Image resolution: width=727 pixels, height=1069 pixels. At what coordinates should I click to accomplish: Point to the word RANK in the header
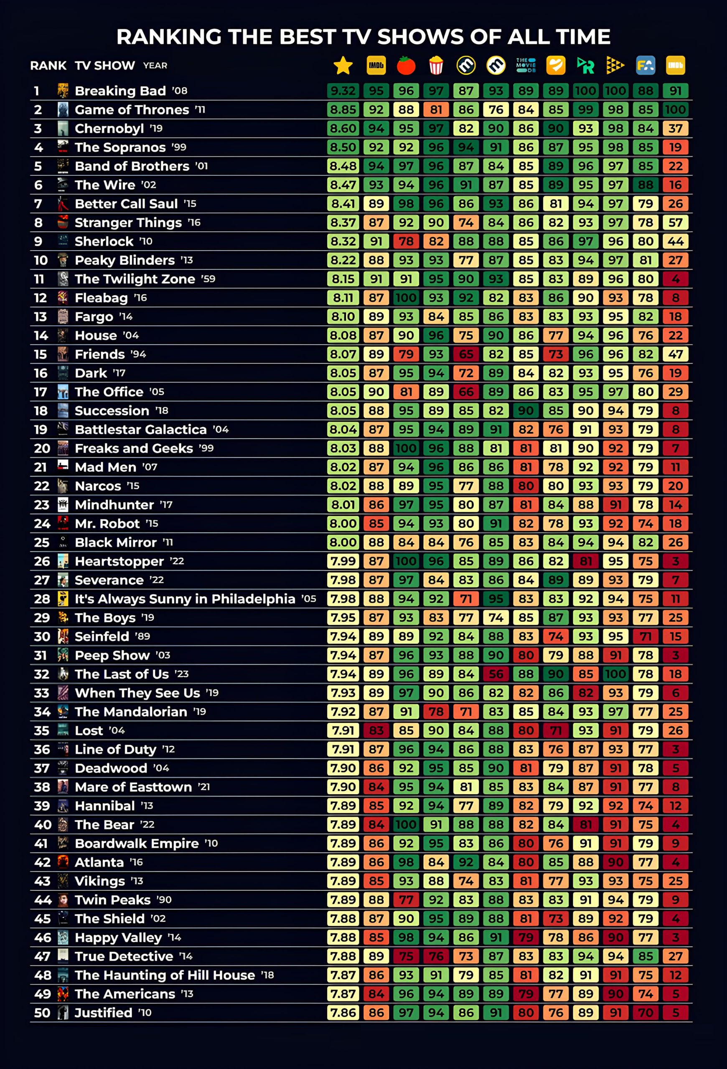point(48,66)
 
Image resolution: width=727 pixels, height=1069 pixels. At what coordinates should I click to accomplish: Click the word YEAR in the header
point(155,66)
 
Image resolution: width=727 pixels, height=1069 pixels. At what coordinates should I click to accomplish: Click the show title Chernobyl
point(109,128)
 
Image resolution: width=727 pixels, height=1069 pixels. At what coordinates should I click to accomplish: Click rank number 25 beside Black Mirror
point(41,542)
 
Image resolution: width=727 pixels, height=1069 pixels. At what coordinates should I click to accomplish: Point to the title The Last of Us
point(122,674)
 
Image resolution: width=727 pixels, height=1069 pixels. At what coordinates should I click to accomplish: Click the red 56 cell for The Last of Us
point(496,674)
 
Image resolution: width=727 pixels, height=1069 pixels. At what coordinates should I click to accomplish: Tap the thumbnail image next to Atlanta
point(63,862)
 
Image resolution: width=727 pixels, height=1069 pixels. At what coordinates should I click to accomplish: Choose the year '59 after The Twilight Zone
point(208,279)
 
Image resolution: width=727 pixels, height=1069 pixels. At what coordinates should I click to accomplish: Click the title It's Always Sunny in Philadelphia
point(185,599)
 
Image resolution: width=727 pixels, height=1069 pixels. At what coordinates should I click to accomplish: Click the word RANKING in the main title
point(168,37)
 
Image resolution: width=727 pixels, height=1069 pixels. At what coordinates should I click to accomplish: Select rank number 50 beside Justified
point(42,1013)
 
